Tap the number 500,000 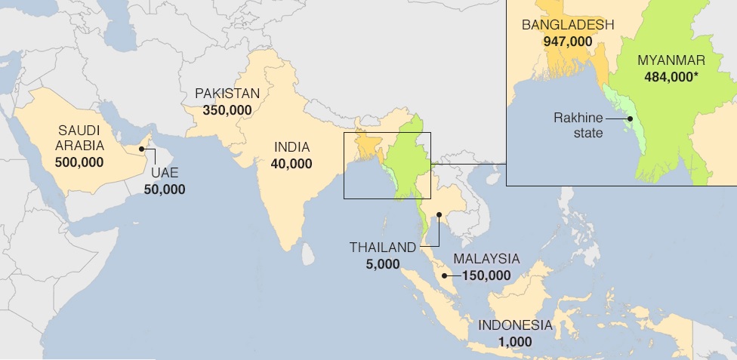click(x=79, y=162)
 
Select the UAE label click(x=165, y=174)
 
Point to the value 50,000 click(x=165, y=189)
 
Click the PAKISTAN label click(x=227, y=94)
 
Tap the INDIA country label click(x=291, y=147)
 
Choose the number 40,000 click(x=291, y=163)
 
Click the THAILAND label click(x=382, y=248)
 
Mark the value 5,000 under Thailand click(x=381, y=263)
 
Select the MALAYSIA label click(x=486, y=259)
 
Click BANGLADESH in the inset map click(x=568, y=25)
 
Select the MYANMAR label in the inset click(x=671, y=60)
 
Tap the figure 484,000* click(x=672, y=76)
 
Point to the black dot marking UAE click(x=140, y=149)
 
